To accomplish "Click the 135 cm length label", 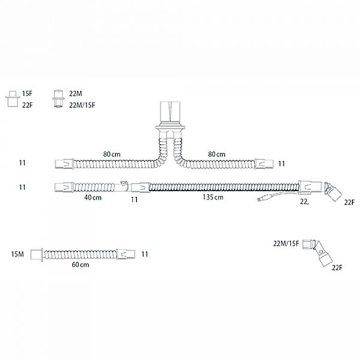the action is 213,197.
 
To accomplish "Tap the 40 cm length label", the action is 93,197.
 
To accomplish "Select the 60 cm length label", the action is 80,265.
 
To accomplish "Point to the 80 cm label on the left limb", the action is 112,154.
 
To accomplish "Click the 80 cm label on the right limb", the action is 217,154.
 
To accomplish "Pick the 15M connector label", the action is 17,254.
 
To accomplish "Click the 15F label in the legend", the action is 28,94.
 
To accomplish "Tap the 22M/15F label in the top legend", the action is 82,106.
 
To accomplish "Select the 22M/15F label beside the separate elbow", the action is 286,244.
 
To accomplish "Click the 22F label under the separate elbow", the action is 337,268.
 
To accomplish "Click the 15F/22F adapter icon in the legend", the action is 13,99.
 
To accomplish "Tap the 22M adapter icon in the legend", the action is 58,99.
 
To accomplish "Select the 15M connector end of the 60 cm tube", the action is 37,254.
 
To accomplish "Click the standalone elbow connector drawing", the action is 317,252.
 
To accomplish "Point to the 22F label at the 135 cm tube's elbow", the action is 349,203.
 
